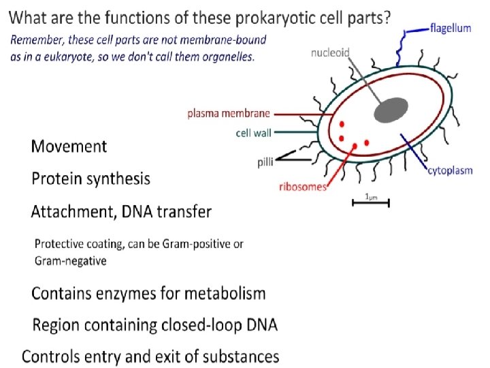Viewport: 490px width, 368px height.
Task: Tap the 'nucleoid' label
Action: point(331,52)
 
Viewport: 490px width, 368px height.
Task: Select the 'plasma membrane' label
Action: point(229,114)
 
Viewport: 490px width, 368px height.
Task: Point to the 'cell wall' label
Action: point(253,133)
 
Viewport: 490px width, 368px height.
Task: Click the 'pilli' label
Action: point(265,162)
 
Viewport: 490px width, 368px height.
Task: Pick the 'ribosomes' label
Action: point(304,187)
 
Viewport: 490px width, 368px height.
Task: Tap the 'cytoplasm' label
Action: point(450,170)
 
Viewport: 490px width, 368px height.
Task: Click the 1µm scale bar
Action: point(370,202)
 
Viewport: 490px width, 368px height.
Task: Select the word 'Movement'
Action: point(69,146)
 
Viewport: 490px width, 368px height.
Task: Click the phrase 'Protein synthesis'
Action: point(91,179)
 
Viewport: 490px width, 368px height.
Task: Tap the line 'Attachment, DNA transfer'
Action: point(121,211)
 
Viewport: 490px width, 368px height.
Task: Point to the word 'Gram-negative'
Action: point(71,260)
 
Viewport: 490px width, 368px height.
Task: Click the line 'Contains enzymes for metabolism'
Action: point(148,294)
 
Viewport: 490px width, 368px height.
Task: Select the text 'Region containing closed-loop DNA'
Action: point(155,325)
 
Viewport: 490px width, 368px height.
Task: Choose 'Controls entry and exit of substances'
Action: point(150,356)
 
